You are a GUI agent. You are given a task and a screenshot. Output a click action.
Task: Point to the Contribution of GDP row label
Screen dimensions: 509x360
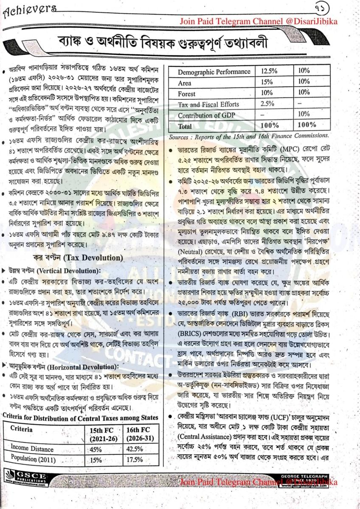point(206,115)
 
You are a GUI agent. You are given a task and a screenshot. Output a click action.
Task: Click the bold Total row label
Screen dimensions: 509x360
point(185,126)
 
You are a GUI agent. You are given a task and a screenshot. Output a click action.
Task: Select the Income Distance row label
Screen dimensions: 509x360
point(32,449)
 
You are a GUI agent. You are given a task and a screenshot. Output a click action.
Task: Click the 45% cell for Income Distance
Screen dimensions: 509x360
point(96,449)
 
